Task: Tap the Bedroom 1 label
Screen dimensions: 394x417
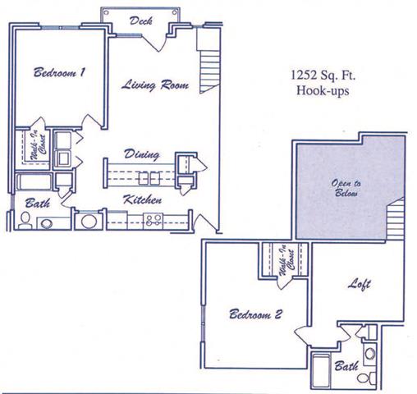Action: click(60, 73)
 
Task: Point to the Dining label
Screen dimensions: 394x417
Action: click(141, 153)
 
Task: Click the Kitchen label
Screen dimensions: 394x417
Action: click(141, 199)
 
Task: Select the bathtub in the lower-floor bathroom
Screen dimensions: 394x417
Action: click(31, 182)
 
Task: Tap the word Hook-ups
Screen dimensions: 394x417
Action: click(323, 91)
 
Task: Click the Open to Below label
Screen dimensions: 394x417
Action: click(346, 190)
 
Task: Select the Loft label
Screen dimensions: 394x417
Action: click(358, 285)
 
